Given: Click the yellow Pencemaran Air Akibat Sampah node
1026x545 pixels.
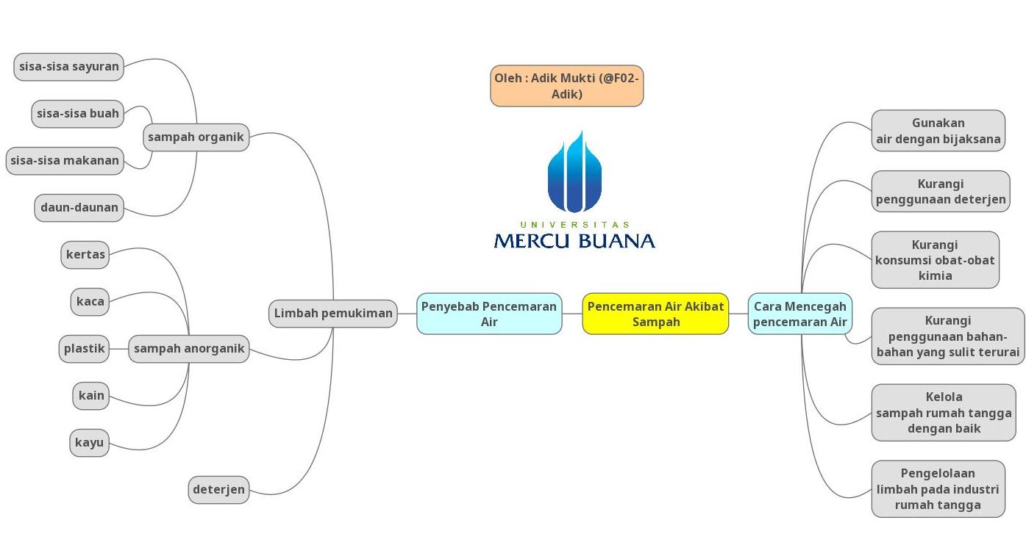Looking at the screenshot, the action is [655, 314].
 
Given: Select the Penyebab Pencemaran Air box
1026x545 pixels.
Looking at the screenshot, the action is [489, 314].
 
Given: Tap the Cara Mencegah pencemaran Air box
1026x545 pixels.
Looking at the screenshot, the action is [800, 314].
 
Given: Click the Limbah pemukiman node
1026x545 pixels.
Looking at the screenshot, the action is [333, 314].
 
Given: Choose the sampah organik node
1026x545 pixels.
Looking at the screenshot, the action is [196, 137].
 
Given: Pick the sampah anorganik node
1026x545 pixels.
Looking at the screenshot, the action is [189, 349].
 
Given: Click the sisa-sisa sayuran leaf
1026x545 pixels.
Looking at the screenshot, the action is [68, 67].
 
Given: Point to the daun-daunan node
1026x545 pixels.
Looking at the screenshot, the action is [79, 208].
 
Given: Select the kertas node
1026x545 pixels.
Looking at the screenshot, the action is [85, 255].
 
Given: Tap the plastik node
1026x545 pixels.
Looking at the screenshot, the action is [85, 349].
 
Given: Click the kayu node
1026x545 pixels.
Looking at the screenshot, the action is [89, 443].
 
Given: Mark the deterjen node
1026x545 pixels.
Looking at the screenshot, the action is [218, 490].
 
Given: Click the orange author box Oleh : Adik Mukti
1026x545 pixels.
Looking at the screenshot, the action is [566, 86].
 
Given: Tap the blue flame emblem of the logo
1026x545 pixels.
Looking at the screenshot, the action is [574, 172].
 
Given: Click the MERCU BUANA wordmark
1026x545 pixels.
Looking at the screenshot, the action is [574, 241].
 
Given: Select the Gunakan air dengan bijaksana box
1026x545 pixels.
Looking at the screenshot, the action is [938, 131].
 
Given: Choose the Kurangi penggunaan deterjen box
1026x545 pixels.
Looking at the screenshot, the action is [941, 192].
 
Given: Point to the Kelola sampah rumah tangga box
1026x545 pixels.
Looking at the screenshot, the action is [944, 413].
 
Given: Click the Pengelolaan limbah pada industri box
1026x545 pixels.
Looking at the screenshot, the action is [938, 489].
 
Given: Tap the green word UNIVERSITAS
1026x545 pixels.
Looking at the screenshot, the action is [574, 225].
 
